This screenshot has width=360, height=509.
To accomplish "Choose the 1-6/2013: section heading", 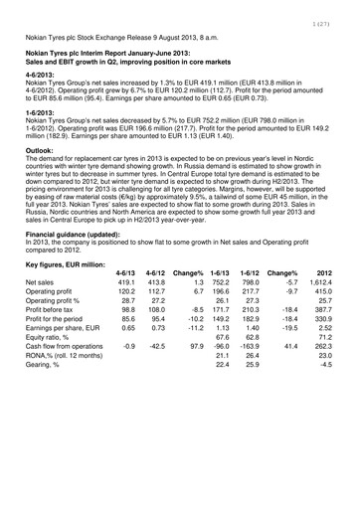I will (42, 112).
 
